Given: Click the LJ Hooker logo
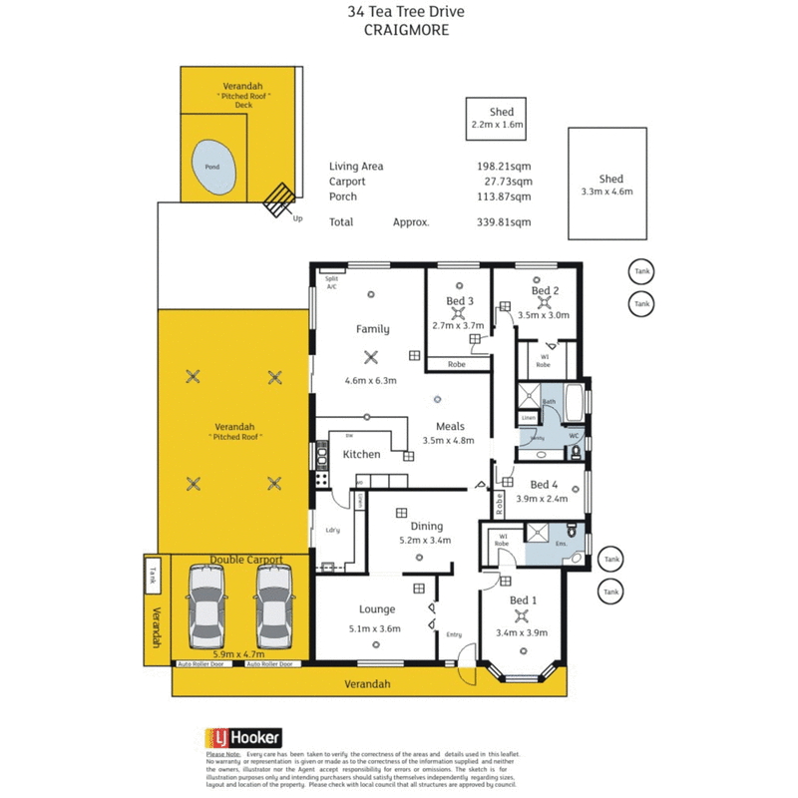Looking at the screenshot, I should (x=244, y=738).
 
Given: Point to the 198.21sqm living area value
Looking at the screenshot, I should (x=504, y=167).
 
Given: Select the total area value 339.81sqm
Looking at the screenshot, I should (x=504, y=222).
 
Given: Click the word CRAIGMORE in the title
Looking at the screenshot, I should (x=406, y=30).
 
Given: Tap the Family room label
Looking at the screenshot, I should (x=373, y=329).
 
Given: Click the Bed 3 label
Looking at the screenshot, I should (x=459, y=301).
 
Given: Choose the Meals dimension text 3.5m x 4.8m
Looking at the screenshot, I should (x=448, y=440).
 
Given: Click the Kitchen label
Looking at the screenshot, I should (x=361, y=454).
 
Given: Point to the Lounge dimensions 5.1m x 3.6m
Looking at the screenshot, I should (x=374, y=628).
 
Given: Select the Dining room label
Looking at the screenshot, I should (x=426, y=526).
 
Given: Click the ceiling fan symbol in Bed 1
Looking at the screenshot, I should (x=522, y=615).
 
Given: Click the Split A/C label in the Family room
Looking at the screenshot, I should (x=331, y=282).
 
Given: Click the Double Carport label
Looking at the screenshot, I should (x=245, y=561).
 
